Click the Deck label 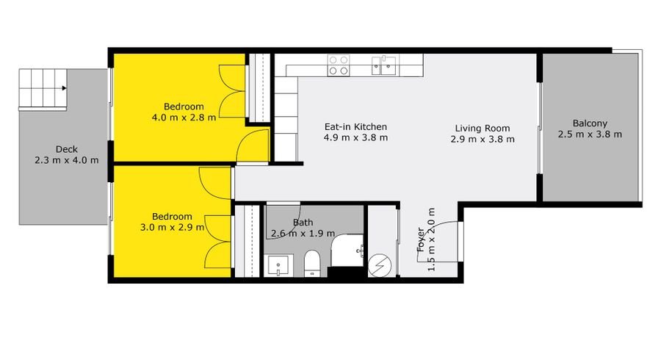[x=67, y=149]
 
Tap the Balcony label [x=590, y=123]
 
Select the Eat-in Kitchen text [x=355, y=127]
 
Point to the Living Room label [x=483, y=129]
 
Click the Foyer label [x=421, y=240]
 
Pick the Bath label [x=303, y=222]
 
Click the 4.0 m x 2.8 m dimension [x=184, y=118]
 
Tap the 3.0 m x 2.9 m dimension [x=172, y=227]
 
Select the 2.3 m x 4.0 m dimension [x=67, y=160]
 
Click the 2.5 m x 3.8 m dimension [x=590, y=134]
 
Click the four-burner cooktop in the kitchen [x=339, y=65]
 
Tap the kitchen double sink [x=383, y=66]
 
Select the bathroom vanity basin [x=278, y=265]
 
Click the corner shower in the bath [x=347, y=251]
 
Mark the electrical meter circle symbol [x=380, y=265]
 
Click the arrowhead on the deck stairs [x=64, y=88]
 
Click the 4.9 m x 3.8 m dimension [x=355, y=138]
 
